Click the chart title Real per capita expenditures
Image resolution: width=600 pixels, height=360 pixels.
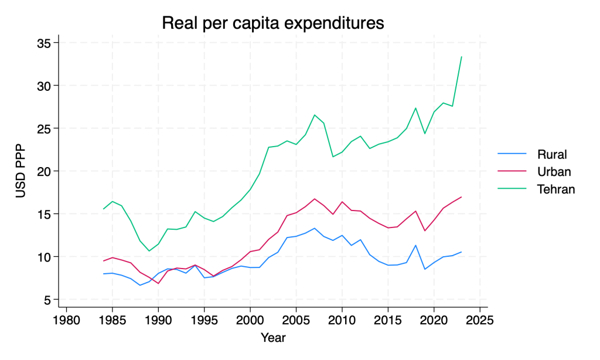(272, 23)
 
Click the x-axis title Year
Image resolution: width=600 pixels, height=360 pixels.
(273, 337)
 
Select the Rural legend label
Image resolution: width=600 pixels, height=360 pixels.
(553, 155)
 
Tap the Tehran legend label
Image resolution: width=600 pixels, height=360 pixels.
(556, 189)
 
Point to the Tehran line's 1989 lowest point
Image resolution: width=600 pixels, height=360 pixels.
(149, 251)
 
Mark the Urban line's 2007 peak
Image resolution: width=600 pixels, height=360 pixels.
(315, 199)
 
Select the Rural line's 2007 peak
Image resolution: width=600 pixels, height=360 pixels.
(315, 228)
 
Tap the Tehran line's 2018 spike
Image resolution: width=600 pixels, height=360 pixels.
(415, 108)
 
